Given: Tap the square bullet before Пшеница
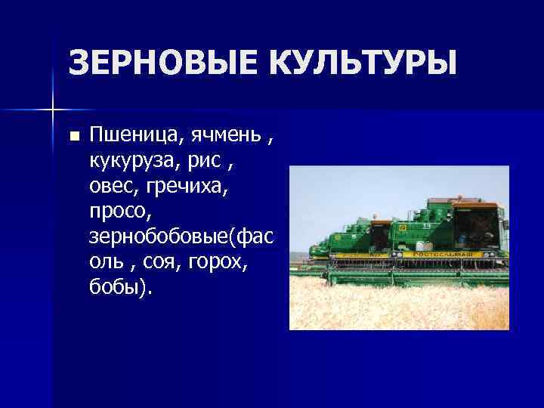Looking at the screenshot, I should (73, 137).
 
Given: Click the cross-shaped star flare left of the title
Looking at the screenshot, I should (53, 110).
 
